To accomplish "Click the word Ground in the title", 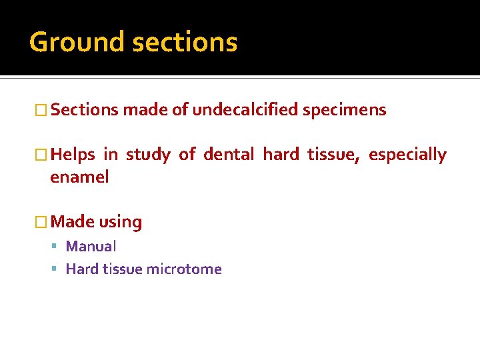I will [x=77, y=43].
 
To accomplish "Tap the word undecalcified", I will [x=245, y=110].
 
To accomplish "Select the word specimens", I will [x=344, y=110].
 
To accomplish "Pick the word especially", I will [x=407, y=155].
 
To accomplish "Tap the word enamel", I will [x=79, y=177].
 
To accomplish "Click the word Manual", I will [x=91, y=247].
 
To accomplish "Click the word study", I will [x=148, y=155].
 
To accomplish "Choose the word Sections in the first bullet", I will [x=83, y=110].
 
